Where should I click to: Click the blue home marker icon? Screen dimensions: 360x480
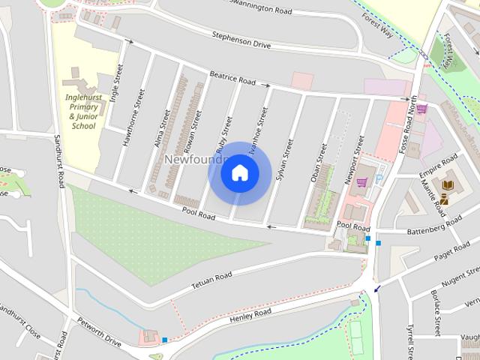click(240, 172)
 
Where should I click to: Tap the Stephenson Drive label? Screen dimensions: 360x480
click(240, 40)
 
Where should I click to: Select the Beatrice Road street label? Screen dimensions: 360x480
click(232, 78)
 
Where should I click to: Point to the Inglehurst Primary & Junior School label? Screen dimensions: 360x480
click(83, 112)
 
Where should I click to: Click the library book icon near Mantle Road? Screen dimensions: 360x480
click(448, 184)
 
